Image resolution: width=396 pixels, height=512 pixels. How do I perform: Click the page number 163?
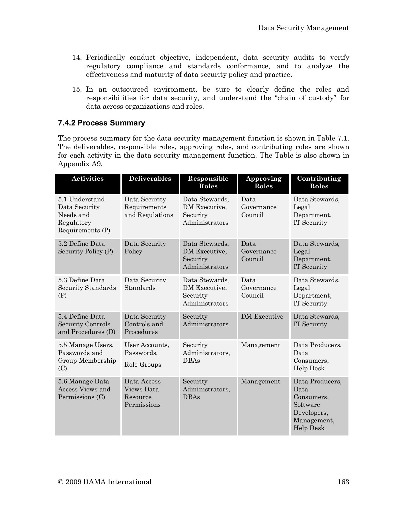[x=343, y=482]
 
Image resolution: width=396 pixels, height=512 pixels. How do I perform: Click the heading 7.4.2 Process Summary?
[x=102, y=123]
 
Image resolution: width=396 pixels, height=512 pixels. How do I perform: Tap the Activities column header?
[x=87, y=179]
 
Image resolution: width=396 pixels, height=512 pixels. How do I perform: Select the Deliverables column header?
[x=150, y=179]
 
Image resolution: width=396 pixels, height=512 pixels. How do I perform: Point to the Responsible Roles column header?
[x=208, y=182]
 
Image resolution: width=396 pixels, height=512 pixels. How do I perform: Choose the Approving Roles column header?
[x=263, y=182]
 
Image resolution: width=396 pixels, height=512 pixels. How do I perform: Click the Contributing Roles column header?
[x=319, y=182]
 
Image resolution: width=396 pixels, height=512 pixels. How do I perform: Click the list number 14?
[x=77, y=58]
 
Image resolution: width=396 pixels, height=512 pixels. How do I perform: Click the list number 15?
[x=77, y=90]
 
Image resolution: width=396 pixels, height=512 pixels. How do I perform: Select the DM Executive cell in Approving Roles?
[x=262, y=317]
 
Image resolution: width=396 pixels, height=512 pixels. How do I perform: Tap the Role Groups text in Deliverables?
[x=143, y=365]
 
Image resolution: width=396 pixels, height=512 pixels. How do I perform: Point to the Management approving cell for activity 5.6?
[x=260, y=381]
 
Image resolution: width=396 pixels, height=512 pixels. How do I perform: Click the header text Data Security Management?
[x=303, y=28]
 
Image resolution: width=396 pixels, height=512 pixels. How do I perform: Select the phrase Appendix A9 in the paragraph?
[x=80, y=164]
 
